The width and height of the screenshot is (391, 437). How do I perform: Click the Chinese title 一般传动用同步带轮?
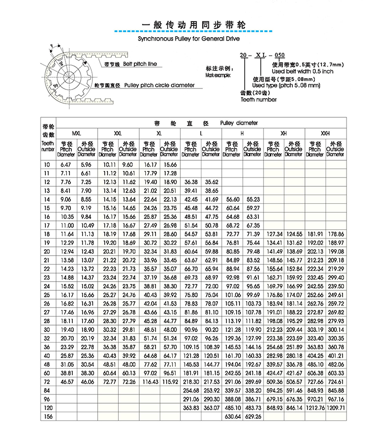click(194, 24)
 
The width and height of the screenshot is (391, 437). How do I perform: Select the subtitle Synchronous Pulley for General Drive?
click(189, 37)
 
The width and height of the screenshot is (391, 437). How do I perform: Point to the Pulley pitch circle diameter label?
click(159, 85)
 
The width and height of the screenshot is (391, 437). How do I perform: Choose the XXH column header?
click(325, 133)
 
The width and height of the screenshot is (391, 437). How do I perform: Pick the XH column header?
click(283, 133)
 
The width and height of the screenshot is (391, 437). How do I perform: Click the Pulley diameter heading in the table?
click(239, 123)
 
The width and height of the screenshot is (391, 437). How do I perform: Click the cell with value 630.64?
click(232, 416)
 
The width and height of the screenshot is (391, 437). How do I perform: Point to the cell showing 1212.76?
click(315, 407)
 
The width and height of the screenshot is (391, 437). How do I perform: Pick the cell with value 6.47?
click(66, 165)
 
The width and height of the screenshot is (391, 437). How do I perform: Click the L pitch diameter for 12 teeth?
click(190, 181)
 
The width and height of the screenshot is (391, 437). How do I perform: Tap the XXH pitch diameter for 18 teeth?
click(315, 235)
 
